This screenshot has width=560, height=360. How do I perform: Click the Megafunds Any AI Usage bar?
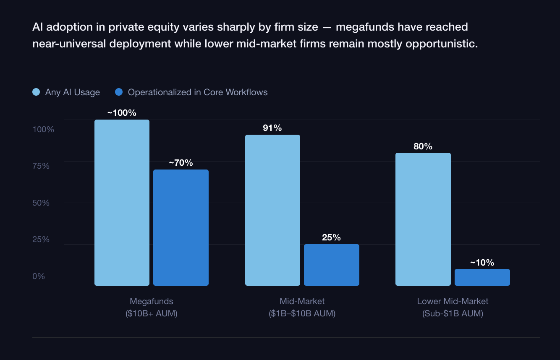[x=122, y=203]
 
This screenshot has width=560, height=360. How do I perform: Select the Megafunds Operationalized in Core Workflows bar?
[x=181, y=227]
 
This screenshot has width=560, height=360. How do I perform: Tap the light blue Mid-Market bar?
[x=272, y=210]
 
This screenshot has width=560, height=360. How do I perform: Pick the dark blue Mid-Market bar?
[x=331, y=265]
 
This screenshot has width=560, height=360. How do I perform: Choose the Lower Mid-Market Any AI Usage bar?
[x=423, y=219]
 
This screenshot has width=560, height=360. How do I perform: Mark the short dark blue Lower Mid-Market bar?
[x=482, y=277]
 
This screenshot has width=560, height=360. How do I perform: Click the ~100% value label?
[x=122, y=113]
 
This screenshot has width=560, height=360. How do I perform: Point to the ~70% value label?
[x=181, y=163]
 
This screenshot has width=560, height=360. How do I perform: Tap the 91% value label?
[x=272, y=128]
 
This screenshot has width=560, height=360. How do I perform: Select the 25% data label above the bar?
[x=331, y=237]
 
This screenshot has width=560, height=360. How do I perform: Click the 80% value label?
[x=423, y=146]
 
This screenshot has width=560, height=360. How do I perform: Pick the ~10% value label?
[x=482, y=263]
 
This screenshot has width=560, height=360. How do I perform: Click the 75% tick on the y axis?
[x=41, y=166]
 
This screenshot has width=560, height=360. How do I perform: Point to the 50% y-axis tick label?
[x=41, y=203]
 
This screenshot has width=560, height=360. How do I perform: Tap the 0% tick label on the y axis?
[x=39, y=276]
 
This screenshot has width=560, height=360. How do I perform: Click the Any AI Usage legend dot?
[x=36, y=92]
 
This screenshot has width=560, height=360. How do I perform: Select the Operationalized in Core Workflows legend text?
[x=197, y=92]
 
